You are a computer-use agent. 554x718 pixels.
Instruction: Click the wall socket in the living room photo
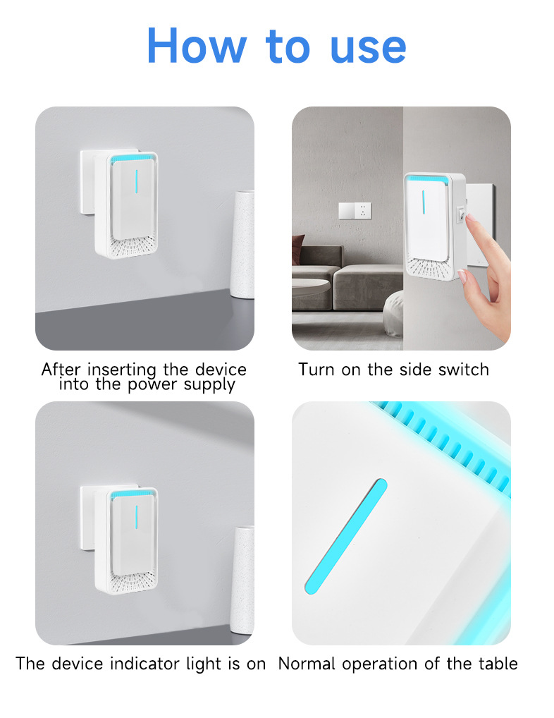pyautogui.click(x=355, y=211)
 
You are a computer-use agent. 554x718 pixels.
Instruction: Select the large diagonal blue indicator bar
pyautogui.click(x=346, y=537)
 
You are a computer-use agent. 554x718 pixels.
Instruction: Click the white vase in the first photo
pyautogui.click(x=242, y=245)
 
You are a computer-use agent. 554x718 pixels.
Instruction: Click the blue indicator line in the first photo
pyautogui.click(x=136, y=182)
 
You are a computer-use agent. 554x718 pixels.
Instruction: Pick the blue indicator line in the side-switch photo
pyautogui.click(x=424, y=202)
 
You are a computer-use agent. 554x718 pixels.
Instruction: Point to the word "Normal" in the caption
pyautogui.click(x=307, y=663)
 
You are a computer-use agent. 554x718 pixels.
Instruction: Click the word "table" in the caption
pyautogui.click(x=498, y=663)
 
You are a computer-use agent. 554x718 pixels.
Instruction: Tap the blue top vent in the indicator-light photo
pyautogui.click(x=133, y=494)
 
